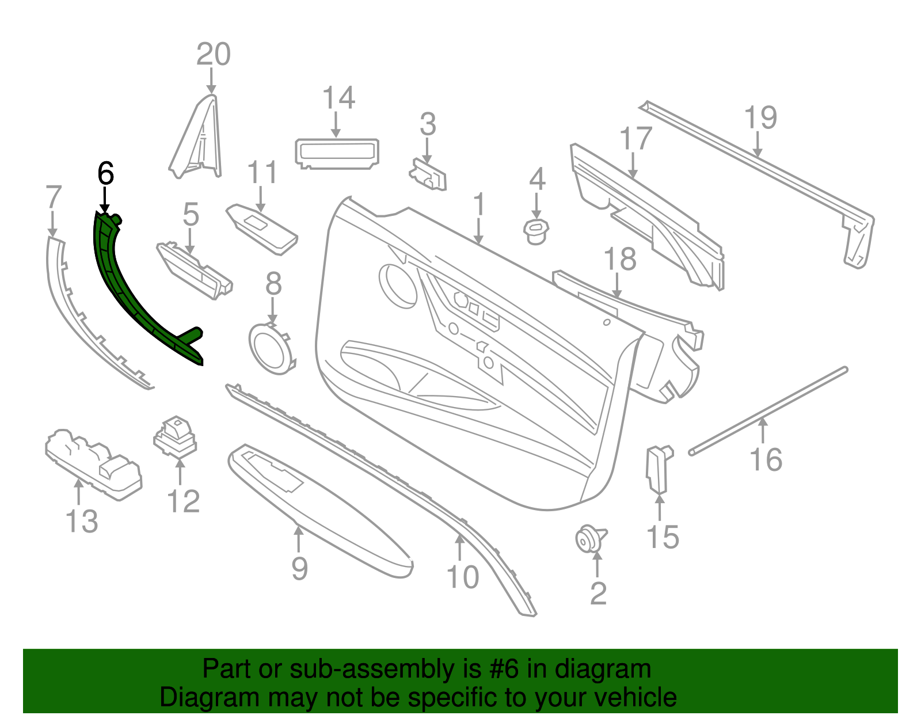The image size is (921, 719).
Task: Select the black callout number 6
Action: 105,173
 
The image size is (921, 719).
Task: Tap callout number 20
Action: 214,55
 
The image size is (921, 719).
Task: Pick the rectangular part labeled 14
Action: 337,153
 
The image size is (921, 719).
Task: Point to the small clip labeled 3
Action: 428,175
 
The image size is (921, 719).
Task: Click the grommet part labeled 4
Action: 536,231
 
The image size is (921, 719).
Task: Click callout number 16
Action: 766,459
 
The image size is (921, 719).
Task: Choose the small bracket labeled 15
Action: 657,469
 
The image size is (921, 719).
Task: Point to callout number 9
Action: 300,569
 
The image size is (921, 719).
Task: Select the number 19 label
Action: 761,117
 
